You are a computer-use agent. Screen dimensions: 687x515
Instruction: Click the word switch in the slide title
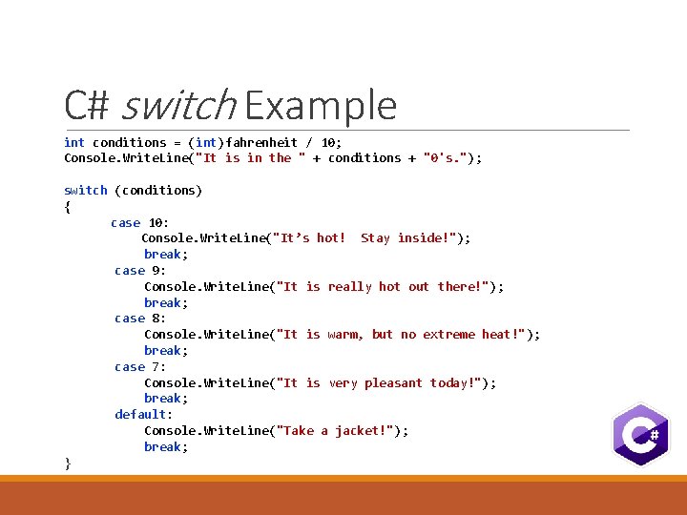(x=178, y=105)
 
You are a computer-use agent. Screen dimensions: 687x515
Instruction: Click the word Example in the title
(x=321, y=105)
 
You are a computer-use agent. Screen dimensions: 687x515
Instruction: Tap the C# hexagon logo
(x=640, y=435)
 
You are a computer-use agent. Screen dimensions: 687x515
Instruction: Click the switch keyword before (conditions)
(x=85, y=190)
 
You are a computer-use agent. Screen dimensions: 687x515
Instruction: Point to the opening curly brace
(x=67, y=206)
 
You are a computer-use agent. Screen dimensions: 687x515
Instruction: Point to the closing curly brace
(x=67, y=463)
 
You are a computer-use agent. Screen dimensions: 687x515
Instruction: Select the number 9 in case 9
(x=158, y=270)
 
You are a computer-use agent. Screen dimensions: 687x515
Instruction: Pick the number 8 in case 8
(x=158, y=319)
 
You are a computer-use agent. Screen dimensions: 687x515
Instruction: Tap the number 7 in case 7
(x=158, y=366)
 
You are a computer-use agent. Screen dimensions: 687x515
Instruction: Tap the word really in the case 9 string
(x=349, y=286)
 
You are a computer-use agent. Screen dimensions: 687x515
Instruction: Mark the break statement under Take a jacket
(x=163, y=446)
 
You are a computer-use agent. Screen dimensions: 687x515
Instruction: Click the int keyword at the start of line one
(x=74, y=142)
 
